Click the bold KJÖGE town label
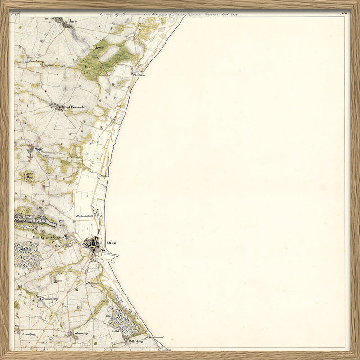pyautogui.click(x=112, y=243)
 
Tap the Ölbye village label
pyautogui.click(x=39, y=149)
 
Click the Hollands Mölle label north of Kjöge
pyautogui.click(x=87, y=216)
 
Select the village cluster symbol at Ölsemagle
pyautogui.click(x=58, y=107)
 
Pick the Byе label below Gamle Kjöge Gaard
pyautogui.click(x=57, y=247)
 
